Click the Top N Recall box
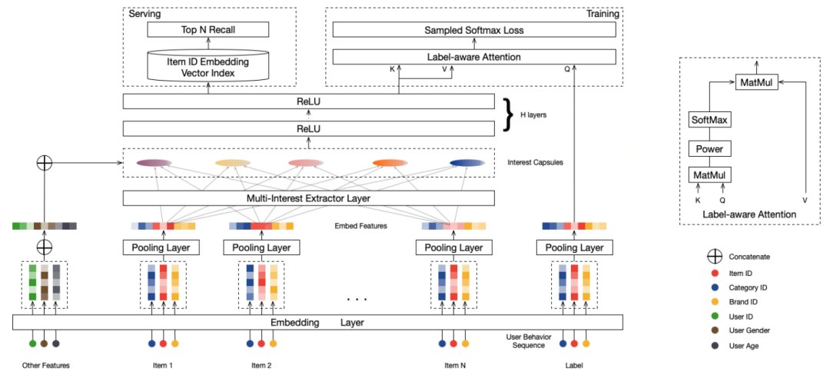(208, 30)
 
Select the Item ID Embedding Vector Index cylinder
(208, 65)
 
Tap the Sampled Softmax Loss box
(474, 30)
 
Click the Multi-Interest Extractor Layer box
(309, 198)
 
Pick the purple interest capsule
(154, 163)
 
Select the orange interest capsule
(390, 163)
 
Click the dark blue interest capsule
(467, 163)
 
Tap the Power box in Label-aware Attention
(709, 148)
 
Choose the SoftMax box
(709, 121)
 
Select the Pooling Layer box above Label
(574, 247)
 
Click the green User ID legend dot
(715, 317)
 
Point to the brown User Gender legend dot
(715, 330)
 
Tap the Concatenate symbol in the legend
(715, 257)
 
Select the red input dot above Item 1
(164, 343)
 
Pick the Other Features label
(46, 366)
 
